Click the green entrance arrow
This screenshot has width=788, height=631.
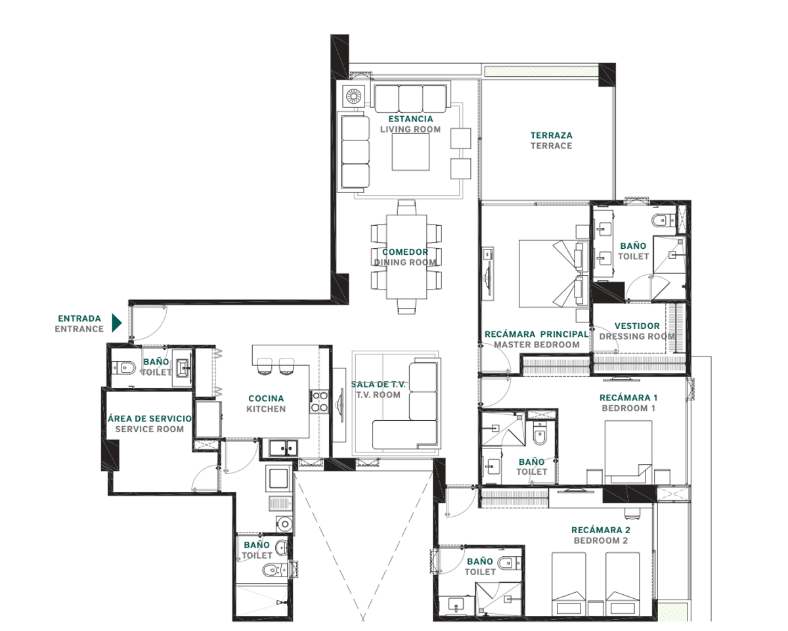(x=116, y=322)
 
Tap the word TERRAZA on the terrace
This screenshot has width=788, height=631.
(x=551, y=135)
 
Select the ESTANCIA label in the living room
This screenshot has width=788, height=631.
(x=410, y=119)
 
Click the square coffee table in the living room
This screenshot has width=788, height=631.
(x=410, y=152)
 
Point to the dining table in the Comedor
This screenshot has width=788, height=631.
(x=406, y=257)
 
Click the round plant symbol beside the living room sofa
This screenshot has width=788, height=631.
(x=354, y=97)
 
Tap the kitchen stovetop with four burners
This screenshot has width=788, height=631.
(x=319, y=401)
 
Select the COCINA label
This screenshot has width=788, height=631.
(x=266, y=399)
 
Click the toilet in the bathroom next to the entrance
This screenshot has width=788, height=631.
(x=123, y=367)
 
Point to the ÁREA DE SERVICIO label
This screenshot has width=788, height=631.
(x=150, y=419)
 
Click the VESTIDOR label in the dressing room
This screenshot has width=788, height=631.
(x=637, y=326)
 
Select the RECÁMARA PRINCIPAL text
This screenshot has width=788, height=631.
(x=536, y=334)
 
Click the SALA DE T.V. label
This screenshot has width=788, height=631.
(x=378, y=385)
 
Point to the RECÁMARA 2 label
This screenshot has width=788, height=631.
(x=600, y=530)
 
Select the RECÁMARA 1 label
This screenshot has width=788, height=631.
(x=628, y=398)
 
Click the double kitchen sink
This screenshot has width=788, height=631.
(x=283, y=448)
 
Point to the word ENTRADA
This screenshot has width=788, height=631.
(x=79, y=318)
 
